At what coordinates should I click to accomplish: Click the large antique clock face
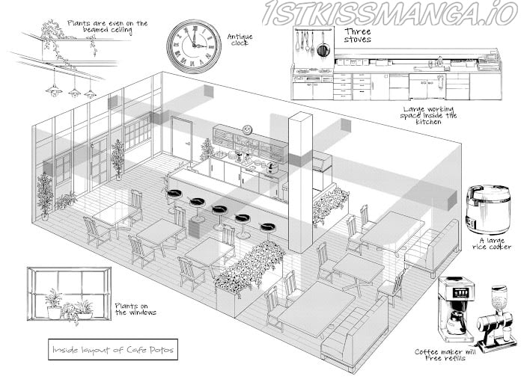click(194, 46)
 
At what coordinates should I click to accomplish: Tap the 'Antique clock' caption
click(240, 40)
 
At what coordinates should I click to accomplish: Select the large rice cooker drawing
click(488, 209)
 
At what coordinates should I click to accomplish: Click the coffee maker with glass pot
click(456, 309)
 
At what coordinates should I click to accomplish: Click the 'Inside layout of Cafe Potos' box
click(113, 350)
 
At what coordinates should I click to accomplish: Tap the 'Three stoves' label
click(358, 35)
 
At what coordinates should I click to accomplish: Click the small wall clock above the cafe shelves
click(247, 129)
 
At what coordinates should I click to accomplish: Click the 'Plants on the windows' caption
click(135, 309)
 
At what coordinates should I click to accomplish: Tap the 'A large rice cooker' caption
click(492, 244)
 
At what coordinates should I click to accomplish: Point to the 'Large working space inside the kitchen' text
click(428, 115)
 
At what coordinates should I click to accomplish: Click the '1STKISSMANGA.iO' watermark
click(390, 13)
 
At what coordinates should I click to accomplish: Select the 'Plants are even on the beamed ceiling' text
click(107, 27)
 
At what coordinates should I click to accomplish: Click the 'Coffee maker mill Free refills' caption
click(445, 355)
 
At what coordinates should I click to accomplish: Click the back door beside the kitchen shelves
click(181, 138)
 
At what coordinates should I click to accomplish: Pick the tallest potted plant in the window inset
click(53, 304)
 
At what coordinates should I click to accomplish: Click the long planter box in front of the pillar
click(249, 279)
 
